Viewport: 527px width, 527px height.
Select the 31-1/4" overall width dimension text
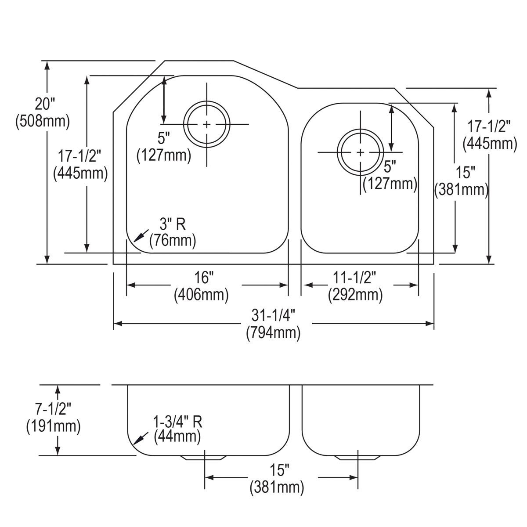coord(273,315)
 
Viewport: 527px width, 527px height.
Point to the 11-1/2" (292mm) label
coord(355,286)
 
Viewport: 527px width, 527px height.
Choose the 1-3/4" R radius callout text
coord(177,422)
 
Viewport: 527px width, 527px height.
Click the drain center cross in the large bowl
coord(206,125)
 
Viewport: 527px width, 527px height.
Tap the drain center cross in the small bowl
coord(360,152)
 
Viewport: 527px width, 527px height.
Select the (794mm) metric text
coord(273,333)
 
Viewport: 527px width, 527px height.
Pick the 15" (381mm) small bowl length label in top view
coord(461,181)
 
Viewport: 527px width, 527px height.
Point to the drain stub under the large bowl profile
coord(205,458)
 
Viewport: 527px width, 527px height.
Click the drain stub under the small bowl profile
coord(357,458)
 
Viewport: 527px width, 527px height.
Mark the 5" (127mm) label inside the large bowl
coord(163,147)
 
